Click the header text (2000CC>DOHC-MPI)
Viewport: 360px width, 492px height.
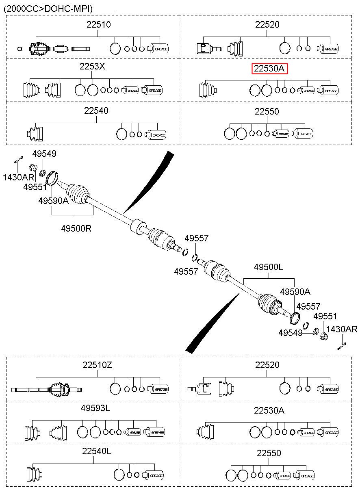tap(48, 9)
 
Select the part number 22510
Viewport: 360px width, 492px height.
tap(99, 24)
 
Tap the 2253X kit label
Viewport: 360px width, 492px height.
tap(92, 66)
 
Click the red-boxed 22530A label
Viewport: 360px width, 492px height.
tap(269, 69)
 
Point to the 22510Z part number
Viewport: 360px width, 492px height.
tap(97, 365)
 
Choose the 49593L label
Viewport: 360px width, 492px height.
tap(95, 408)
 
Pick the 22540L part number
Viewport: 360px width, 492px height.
tap(97, 451)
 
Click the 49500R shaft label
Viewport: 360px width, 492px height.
tap(76, 228)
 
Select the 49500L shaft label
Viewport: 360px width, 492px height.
tap(269, 267)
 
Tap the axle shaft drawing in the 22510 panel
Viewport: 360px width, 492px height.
tap(54, 49)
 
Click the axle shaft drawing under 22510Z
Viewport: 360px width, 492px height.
tap(47, 390)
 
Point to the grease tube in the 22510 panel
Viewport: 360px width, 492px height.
tap(158, 48)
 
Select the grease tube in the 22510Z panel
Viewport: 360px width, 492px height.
tap(158, 389)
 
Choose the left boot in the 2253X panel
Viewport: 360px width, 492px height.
tap(32, 90)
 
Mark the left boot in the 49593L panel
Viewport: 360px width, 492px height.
tap(32, 433)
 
